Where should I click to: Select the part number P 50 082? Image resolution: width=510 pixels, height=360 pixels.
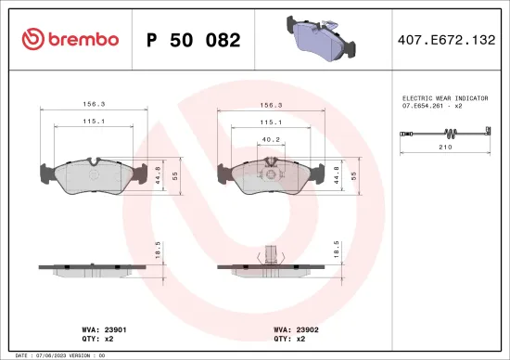pos(194,40)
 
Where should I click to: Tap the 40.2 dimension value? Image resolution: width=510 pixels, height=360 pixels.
pos(270,140)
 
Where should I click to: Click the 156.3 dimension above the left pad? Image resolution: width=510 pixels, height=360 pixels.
pos(93,105)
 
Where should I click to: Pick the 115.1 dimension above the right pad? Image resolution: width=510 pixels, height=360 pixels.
pos(270,122)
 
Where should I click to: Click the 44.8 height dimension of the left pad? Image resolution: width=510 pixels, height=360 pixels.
pos(159,174)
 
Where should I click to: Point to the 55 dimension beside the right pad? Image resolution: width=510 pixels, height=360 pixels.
pos(352,174)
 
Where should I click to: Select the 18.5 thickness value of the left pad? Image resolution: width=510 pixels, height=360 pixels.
pos(159,249)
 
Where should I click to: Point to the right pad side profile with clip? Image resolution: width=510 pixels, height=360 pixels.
pos(270,264)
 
